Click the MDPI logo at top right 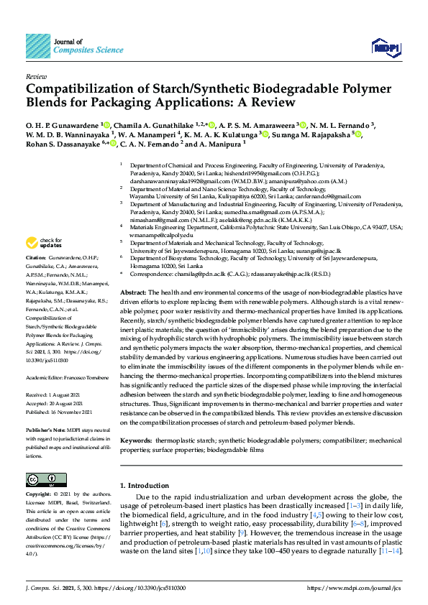tap(385, 47)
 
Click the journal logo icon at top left tap(37, 47)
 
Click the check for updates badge tap(43, 243)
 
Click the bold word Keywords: tap(136, 438)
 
